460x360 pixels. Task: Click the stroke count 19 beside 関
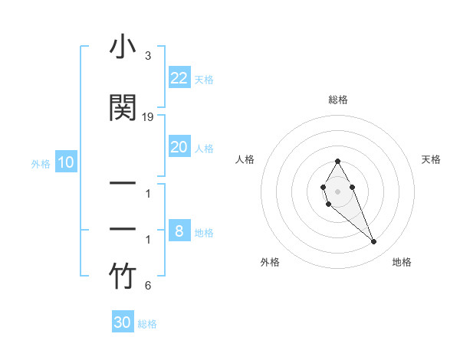click(148, 117)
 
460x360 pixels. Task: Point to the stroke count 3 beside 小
click(147, 56)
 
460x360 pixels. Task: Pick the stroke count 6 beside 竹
click(147, 286)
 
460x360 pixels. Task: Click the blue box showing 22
click(179, 78)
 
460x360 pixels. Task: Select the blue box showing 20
click(179, 147)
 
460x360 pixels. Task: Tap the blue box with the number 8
click(179, 231)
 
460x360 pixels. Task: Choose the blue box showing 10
click(66, 162)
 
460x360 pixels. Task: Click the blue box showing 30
click(123, 322)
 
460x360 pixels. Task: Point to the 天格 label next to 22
click(204, 80)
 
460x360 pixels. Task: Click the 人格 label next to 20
click(204, 149)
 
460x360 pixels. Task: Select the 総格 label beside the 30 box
click(147, 324)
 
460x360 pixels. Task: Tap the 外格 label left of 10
click(41, 164)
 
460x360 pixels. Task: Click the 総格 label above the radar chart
click(337, 100)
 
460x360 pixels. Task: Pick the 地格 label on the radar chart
click(402, 262)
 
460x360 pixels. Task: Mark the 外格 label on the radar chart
click(270, 262)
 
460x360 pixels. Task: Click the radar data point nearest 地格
click(373, 242)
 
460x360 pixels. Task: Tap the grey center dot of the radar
click(337, 190)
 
